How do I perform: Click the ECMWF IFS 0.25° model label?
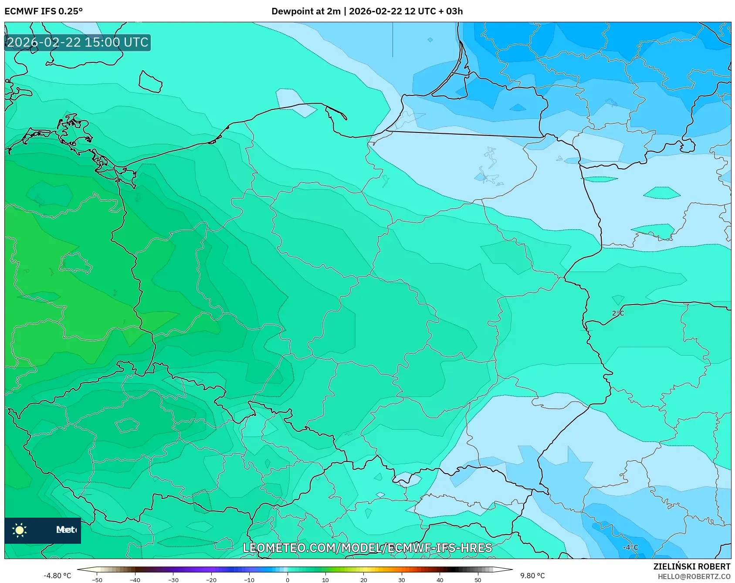tap(43, 11)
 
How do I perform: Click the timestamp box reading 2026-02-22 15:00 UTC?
tap(78, 42)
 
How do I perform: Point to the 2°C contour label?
tap(618, 313)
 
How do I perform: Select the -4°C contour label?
tap(630, 548)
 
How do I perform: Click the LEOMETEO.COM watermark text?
tap(367, 548)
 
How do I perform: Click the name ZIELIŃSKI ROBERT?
tap(691, 566)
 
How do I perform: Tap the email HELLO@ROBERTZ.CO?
tap(694, 576)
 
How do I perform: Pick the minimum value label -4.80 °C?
tap(57, 576)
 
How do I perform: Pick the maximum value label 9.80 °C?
tap(532, 576)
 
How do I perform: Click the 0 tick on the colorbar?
tap(288, 580)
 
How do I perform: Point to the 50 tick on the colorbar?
tap(478, 580)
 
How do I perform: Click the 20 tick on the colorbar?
tap(364, 580)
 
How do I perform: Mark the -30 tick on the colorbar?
tap(173, 580)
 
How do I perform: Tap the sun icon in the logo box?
tap(20, 530)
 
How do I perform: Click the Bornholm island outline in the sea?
tap(150, 82)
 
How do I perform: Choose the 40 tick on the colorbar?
tap(440, 580)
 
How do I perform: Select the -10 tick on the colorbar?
tap(249, 580)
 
